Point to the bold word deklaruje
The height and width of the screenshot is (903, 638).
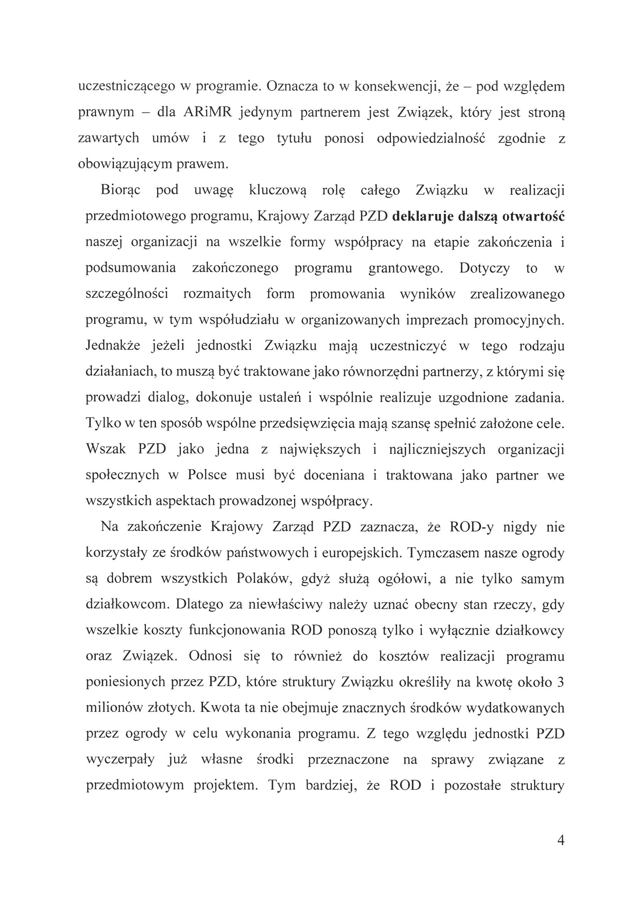tap(422, 216)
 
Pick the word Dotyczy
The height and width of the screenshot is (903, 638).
tap(484, 268)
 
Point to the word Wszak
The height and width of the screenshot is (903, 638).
tap(106, 449)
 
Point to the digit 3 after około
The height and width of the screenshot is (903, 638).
tap(561, 682)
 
